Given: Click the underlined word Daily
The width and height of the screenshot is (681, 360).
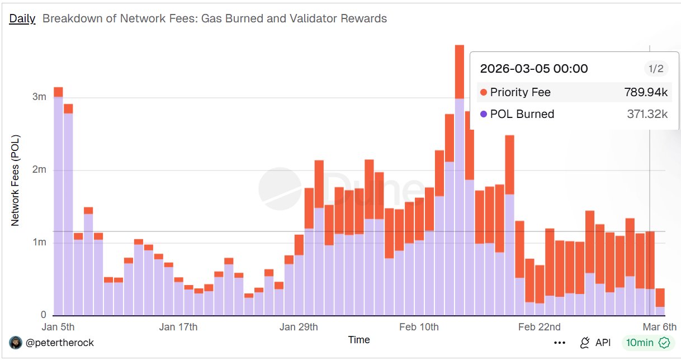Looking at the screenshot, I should (22, 18).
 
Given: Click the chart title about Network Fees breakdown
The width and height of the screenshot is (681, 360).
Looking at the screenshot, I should (215, 18).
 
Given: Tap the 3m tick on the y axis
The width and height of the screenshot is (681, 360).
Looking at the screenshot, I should (39, 97).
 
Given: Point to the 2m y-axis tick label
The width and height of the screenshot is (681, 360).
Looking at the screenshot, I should (39, 170).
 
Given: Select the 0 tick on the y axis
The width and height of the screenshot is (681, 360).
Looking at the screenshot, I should (43, 315).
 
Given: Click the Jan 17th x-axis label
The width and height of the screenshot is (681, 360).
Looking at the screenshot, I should (179, 327).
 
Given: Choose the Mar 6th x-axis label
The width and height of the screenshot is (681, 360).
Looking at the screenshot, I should (659, 327).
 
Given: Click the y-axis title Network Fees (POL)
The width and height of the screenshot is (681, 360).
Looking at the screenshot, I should (15, 180).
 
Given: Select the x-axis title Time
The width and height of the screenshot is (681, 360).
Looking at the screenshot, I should (359, 339).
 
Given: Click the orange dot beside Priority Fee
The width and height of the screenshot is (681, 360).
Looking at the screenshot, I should (484, 92).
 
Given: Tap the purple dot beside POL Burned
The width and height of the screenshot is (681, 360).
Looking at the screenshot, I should (484, 114).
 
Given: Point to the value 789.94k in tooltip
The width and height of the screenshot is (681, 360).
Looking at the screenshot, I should (646, 92).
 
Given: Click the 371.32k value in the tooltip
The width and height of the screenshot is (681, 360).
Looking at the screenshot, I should (647, 114).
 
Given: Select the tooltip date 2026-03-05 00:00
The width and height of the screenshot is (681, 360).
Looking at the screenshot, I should (534, 69).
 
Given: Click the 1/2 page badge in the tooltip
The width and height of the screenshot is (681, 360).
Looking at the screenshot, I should (655, 69).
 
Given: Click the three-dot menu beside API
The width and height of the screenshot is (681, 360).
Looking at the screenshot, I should (559, 343).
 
